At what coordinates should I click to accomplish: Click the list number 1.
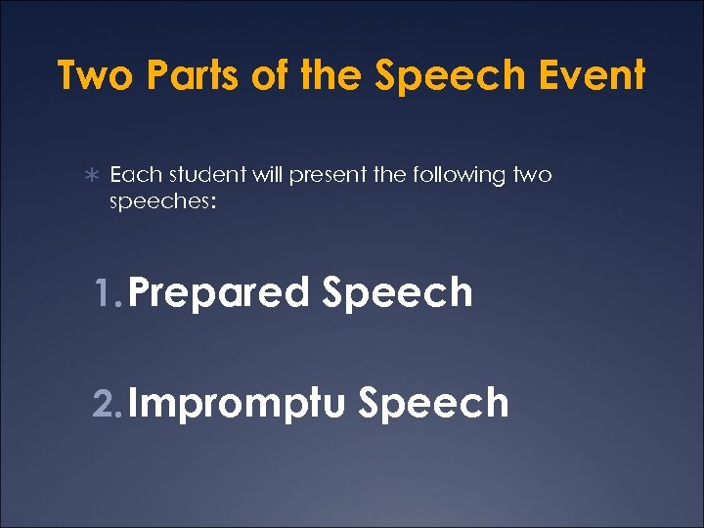107,292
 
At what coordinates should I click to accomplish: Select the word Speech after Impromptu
433,403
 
